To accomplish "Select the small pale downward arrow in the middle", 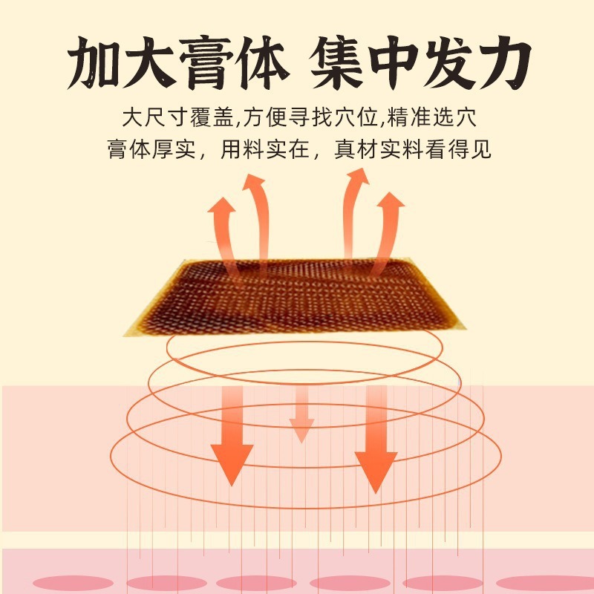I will [301, 416].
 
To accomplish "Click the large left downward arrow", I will [232, 438].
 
